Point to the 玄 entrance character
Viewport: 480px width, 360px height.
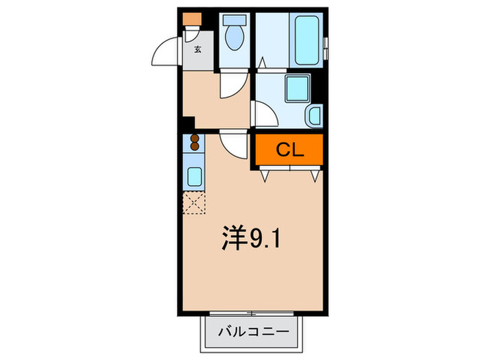point(197,49)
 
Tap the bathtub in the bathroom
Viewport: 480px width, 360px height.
point(306,41)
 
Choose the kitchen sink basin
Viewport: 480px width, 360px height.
point(195,177)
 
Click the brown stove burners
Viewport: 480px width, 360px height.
point(195,143)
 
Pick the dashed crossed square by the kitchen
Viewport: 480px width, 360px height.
point(194,204)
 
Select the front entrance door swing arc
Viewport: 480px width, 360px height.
point(166,51)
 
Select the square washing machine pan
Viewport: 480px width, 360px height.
point(297,89)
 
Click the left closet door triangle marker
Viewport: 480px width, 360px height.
point(265,176)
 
